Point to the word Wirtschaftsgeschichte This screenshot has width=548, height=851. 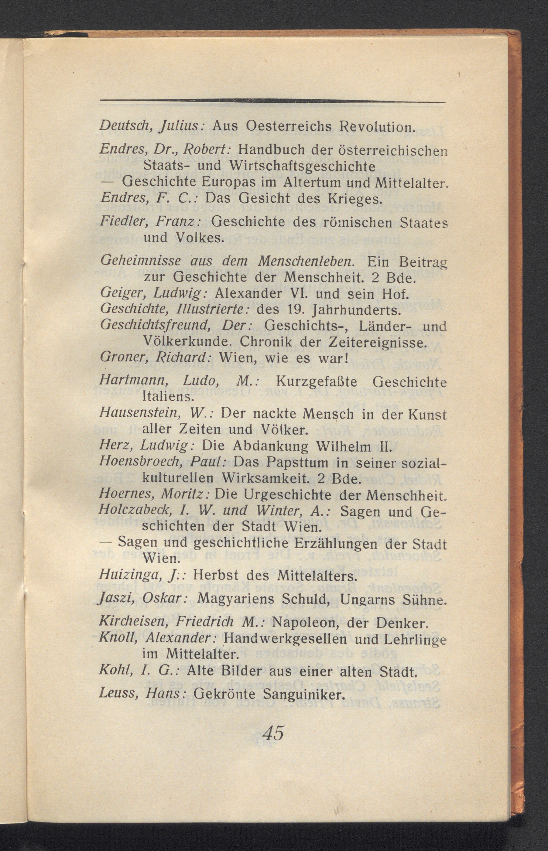tap(302, 166)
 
